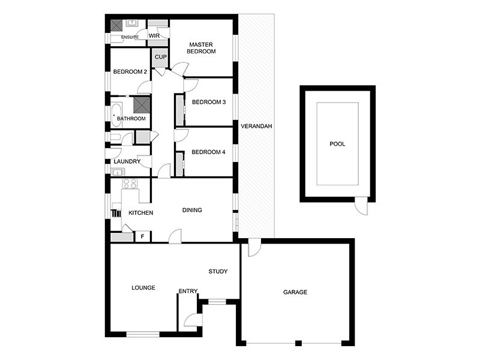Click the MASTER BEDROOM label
(202, 48)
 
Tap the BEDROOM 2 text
(130, 71)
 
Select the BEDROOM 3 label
(208, 102)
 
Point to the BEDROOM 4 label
(208, 152)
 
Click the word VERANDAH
(257, 127)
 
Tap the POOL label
(338, 144)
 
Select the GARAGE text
(295, 292)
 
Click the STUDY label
(218, 271)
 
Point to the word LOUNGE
(143, 288)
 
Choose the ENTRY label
(188, 292)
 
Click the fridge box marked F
(142, 236)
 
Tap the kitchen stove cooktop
(130, 184)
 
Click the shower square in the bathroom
(141, 105)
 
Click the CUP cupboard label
(161, 57)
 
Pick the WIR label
(154, 36)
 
